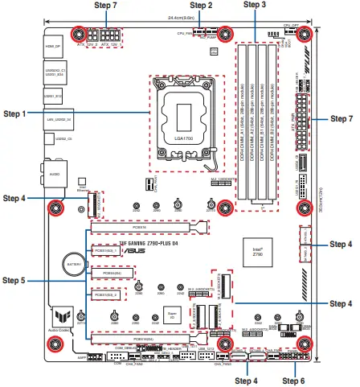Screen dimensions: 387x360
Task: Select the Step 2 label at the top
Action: (x=198, y=6)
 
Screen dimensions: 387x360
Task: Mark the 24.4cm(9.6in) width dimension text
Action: (x=178, y=16)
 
